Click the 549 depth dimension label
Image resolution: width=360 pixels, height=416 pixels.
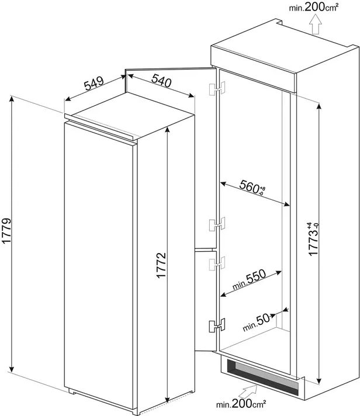pyautogui.click(x=94, y=84)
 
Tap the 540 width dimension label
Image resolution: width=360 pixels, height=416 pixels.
pyautogui.click(x=161, y=81)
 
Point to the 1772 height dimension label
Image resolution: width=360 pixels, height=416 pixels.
pyautogui.click(x=161, y=265)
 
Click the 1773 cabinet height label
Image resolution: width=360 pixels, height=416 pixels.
pyautogui.click(x=314, y=239)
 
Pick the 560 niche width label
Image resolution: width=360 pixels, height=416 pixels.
pyautogui.click(x=252, y=188)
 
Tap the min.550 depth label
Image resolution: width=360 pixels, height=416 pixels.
pyautogui.click(x=249, y=280)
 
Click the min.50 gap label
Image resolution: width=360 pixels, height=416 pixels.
pyautogui.click(x=257, y=323)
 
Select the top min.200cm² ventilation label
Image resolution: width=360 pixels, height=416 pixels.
pyautogui.click(x=314, y=7)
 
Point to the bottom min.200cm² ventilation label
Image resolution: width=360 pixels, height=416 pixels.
pyautogui.click(x=241, y=404)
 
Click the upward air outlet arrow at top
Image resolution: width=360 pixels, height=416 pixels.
pyautogui.click(x=316, y=25)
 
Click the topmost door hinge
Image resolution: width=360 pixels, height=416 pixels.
pyautogui.click(x=217, y=88)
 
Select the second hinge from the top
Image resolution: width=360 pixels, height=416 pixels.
pyautogui.click(x=217, y=224)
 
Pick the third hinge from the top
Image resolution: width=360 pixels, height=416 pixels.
pyautogui.click(x=217, y=263)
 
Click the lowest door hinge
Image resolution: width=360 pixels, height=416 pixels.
pyautogui.click(x=217, y=325)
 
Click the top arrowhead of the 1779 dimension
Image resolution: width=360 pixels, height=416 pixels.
pyautogui.click(x=12, y=98)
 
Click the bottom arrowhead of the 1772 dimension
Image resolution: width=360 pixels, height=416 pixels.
pyautogui.click(x=167, y=400)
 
